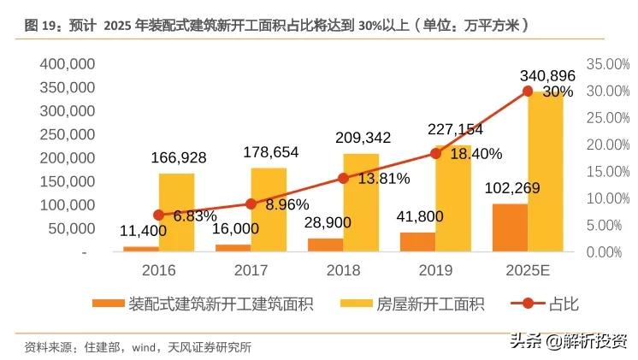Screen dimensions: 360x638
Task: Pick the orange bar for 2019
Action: tap(417, 242)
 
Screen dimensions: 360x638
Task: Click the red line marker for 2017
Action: tap(251, 204)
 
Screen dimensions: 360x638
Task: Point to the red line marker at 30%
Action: tap(528, 91)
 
